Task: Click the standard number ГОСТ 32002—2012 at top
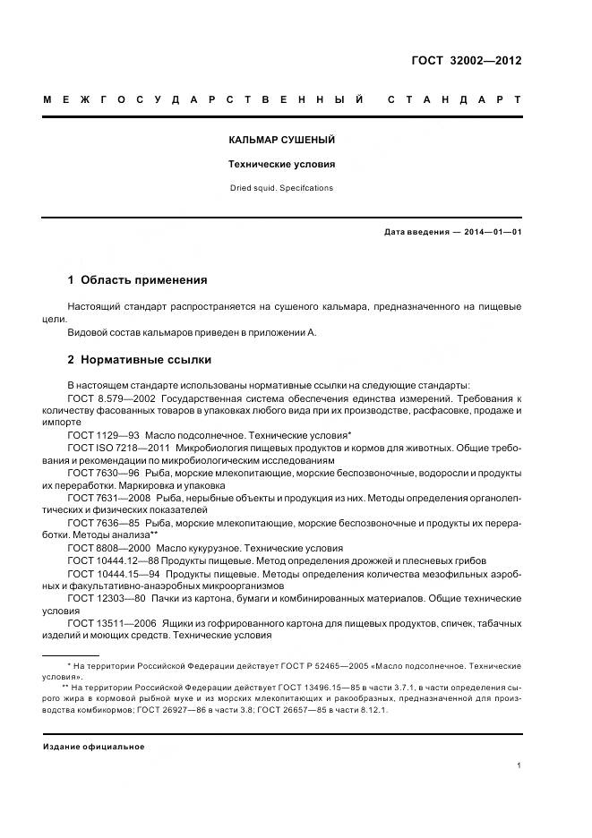466,61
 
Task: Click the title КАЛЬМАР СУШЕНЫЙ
281,141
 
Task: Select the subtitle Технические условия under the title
281,165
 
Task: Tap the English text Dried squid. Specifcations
281,188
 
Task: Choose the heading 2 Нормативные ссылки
140,360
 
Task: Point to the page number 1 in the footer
519,765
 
